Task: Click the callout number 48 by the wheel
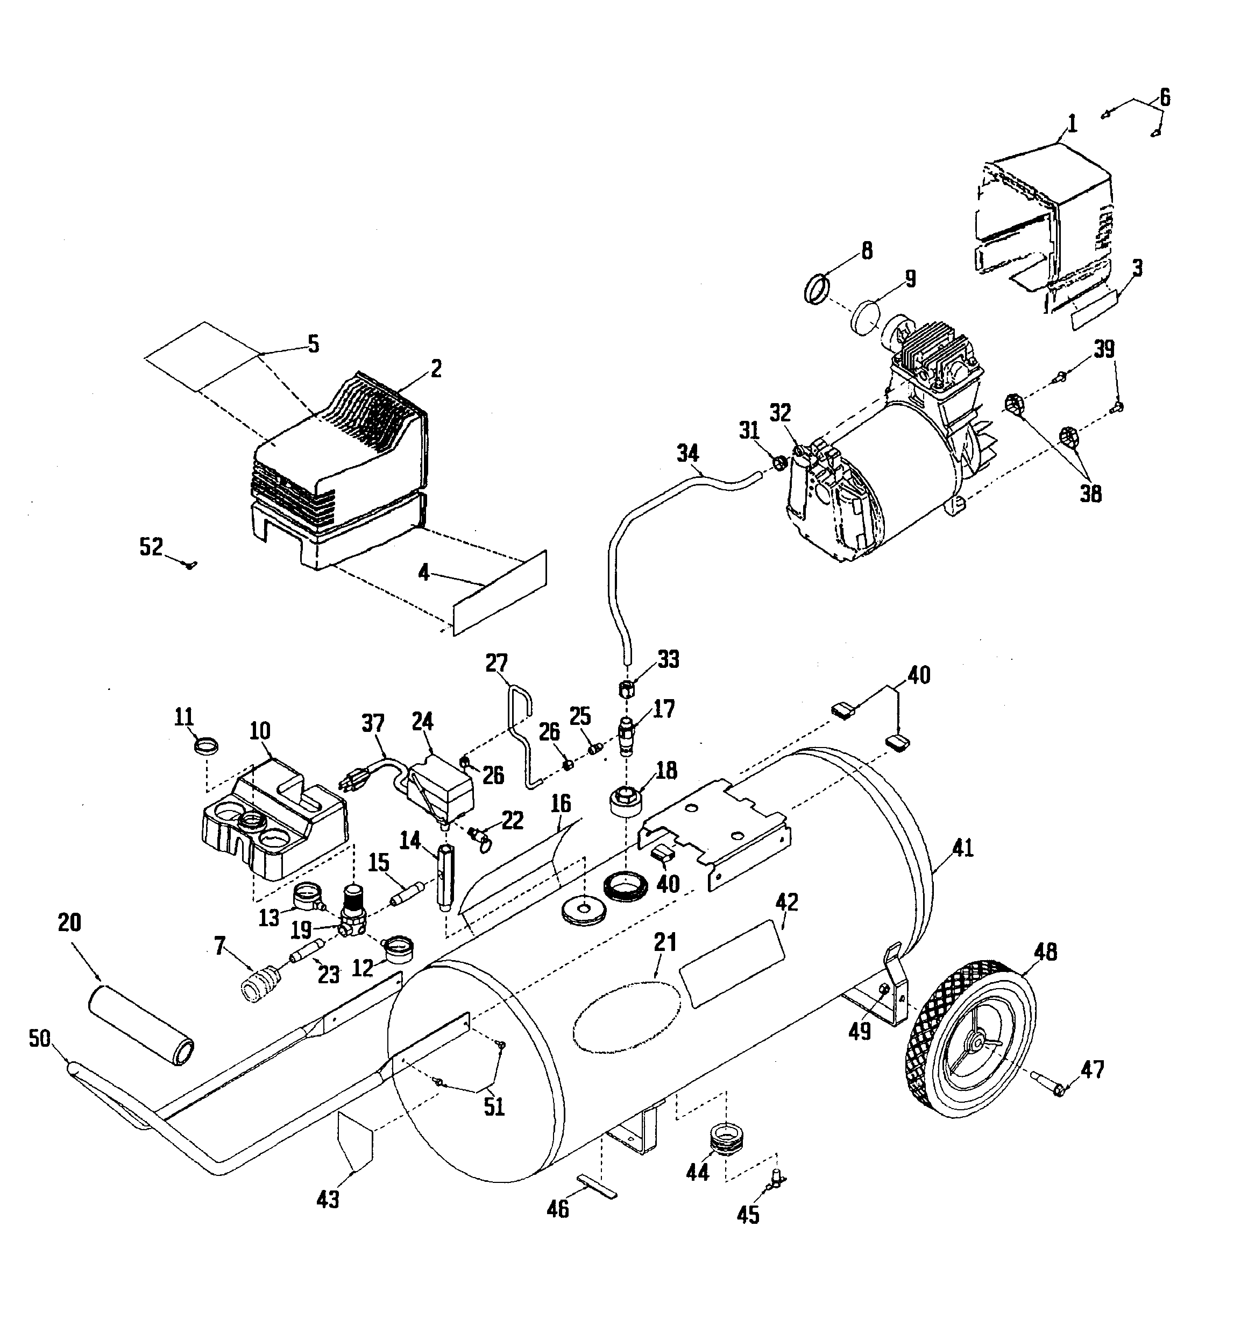click(1045, 952)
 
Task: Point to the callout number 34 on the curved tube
click(687, 454)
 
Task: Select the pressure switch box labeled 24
click(439, 785)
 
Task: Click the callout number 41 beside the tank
click(963, 849)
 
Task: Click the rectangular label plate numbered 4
click(500, 594)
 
